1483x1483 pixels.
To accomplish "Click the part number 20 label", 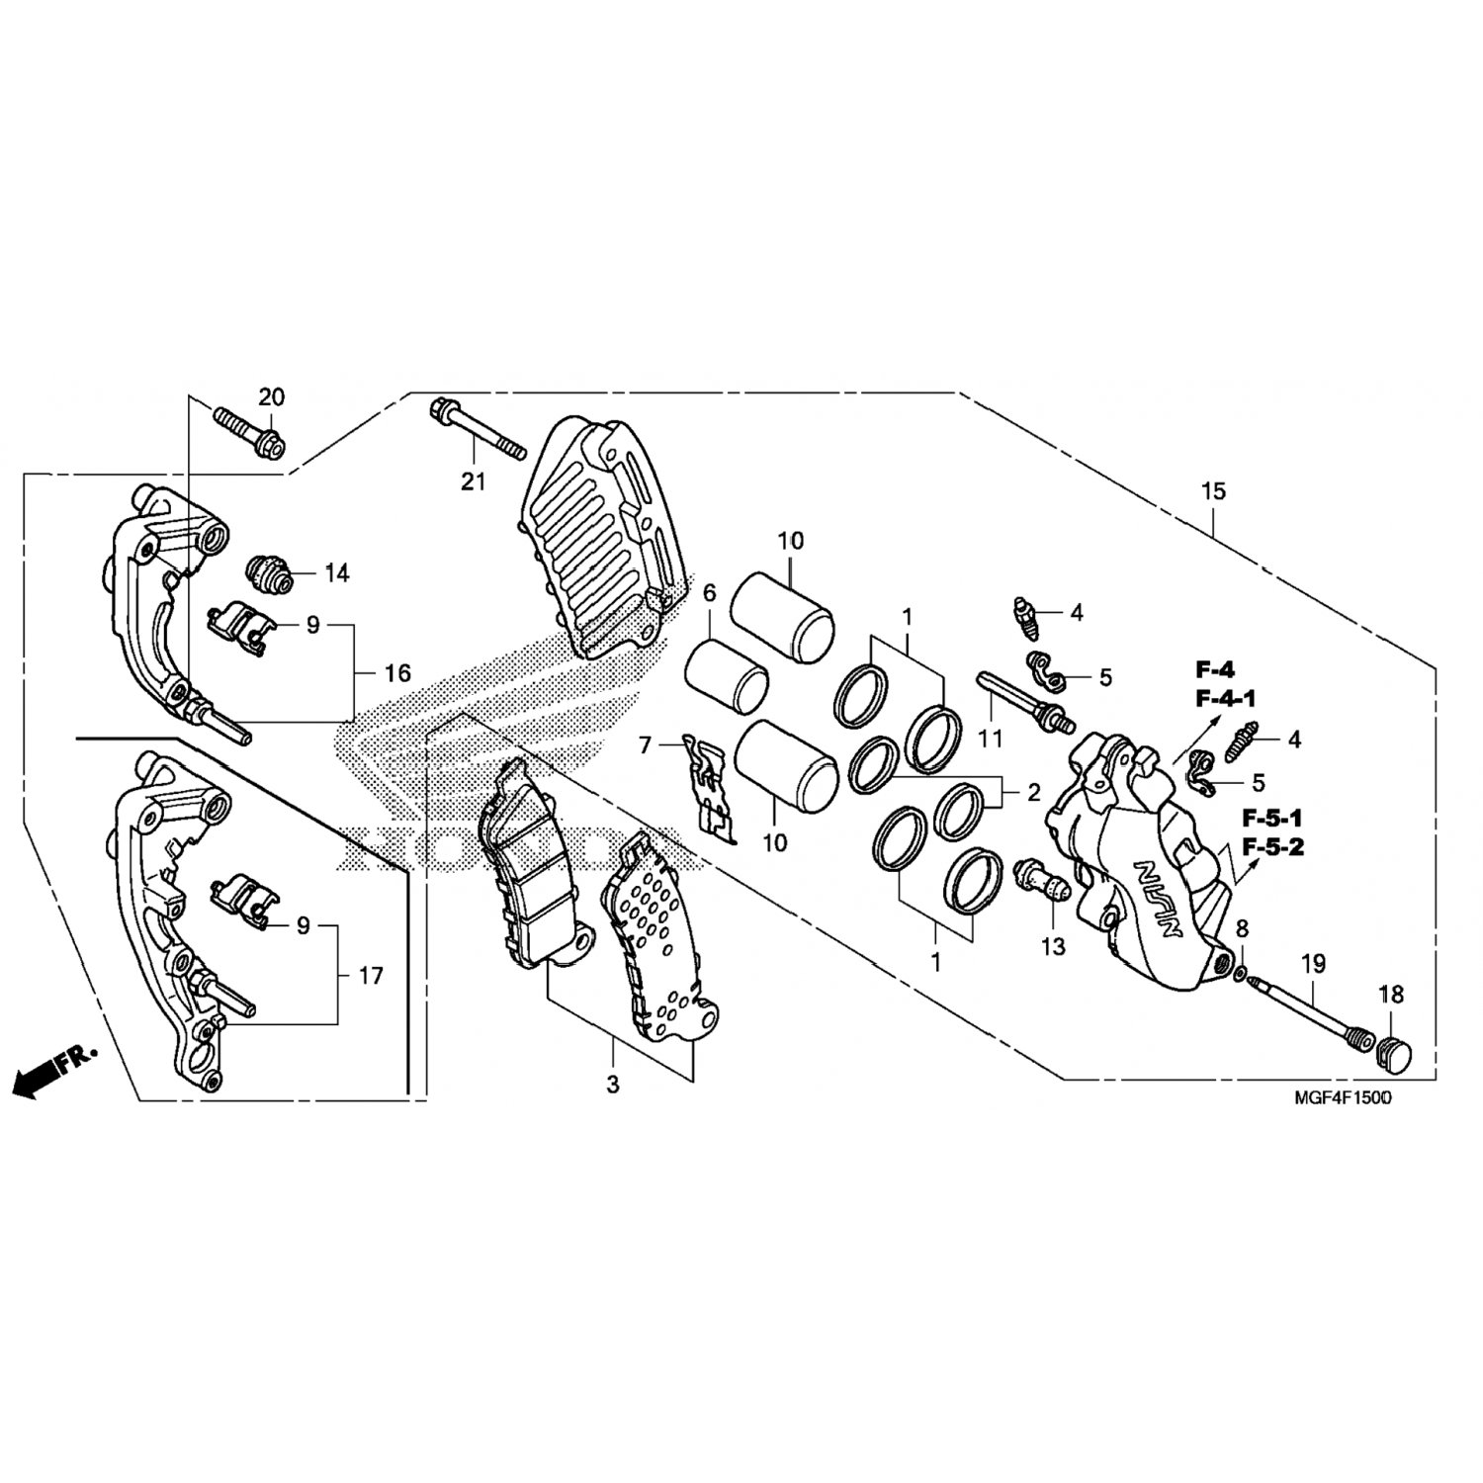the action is pos(272,397).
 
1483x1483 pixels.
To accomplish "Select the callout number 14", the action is pos(337,573).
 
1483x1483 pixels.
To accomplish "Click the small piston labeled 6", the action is pos(727,675).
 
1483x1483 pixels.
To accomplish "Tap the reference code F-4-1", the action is pos(1225,699).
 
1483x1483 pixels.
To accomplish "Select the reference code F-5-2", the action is pos(1272,847).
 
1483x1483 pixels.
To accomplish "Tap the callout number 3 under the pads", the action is pos(613,1084).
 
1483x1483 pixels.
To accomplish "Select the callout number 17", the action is pos(370,977).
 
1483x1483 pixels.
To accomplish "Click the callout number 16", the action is pos(397,674).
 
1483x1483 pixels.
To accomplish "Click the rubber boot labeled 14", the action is pos(269,573).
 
